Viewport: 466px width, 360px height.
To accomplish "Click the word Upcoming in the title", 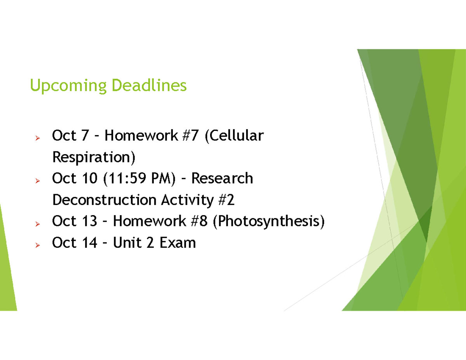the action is [68, 86].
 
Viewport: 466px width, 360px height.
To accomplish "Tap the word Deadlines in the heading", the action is [149, 85].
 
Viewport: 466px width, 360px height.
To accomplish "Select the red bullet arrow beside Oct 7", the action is [38, 138].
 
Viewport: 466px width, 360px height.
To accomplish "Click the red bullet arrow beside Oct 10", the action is [38, 181].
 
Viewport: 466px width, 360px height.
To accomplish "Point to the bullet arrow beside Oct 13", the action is [38, 224].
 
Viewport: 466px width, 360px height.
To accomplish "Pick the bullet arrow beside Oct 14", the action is [38, 245].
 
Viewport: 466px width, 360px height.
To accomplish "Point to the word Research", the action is [222, 178].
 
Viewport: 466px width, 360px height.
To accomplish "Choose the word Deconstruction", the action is [104, 200].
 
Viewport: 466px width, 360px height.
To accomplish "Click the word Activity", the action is [188, 200].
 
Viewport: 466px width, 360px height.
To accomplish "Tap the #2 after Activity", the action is [226, 200].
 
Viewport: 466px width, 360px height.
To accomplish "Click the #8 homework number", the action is [199, 221].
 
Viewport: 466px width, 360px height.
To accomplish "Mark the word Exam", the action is [178, 243].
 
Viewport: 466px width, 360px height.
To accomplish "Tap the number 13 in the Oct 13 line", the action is [89, 221].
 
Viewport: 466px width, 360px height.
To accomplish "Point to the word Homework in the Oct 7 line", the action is [141, 135].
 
